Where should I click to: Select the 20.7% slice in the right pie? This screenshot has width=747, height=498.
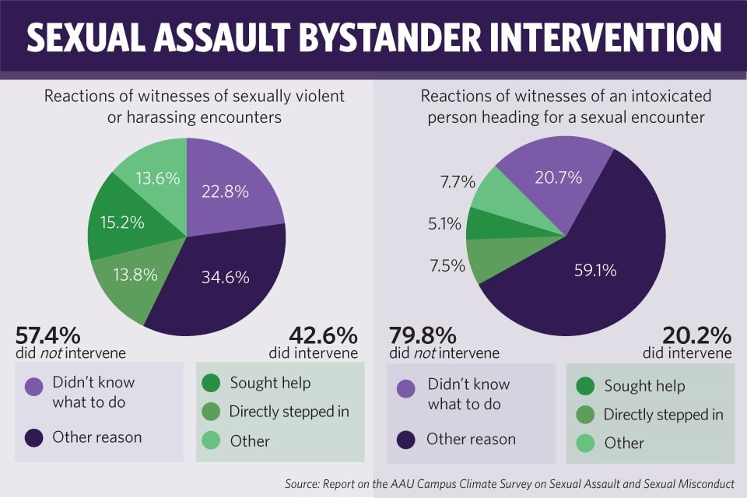(558, 177)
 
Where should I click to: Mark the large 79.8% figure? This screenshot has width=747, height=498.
(423, 336)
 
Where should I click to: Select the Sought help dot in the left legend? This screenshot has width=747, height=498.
(211, 384)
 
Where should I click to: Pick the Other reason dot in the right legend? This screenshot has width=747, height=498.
(405, 440)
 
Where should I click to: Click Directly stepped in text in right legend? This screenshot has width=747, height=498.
(664, 414)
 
